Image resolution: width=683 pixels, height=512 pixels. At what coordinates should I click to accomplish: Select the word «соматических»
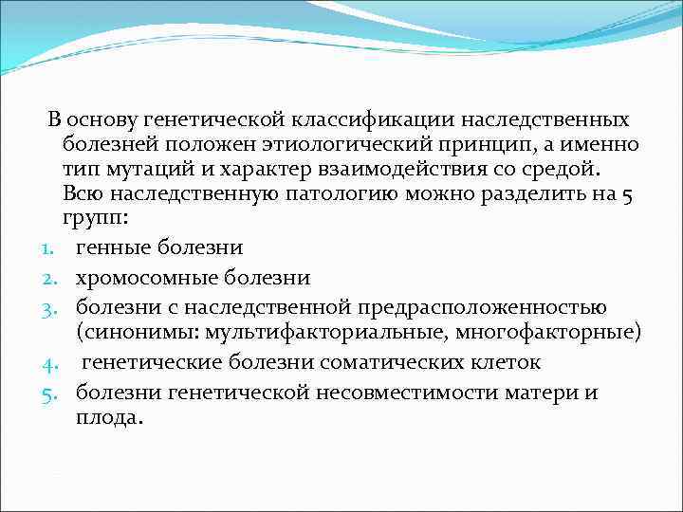(x=389, y=361)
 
